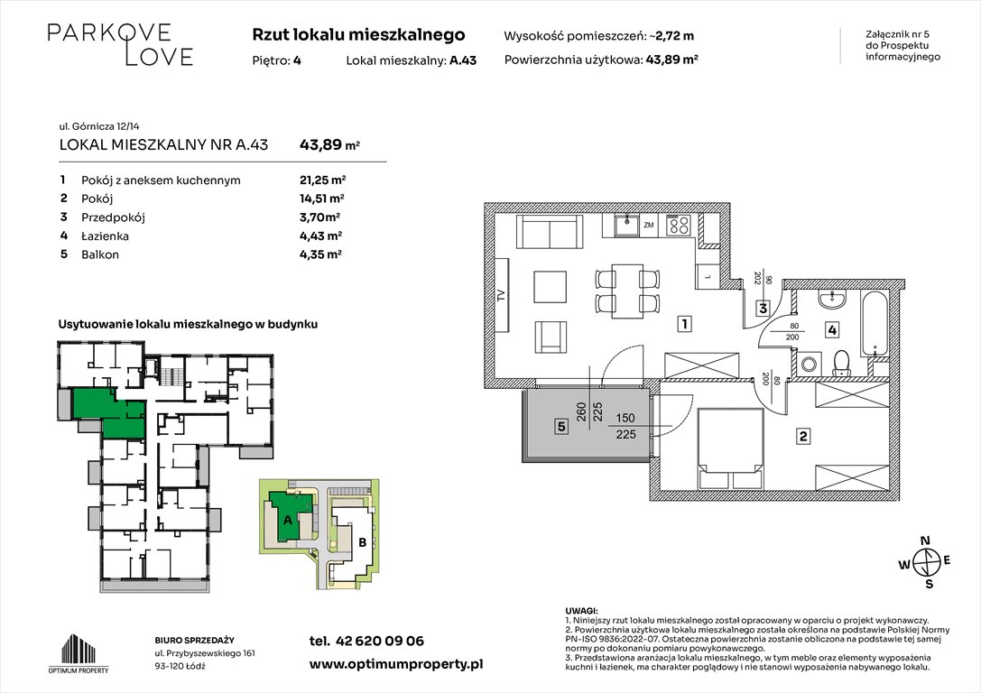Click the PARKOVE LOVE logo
pos(119,44)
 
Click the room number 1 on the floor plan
pos(686,323)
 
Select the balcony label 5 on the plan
pos(560,428)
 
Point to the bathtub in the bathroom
pos(877,323)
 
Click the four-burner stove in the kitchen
pos(680,226)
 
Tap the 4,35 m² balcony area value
pos(320,254)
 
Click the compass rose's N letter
pos(924,541)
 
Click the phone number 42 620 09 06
pos(366,642)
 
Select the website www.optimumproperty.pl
pos(395,663)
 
